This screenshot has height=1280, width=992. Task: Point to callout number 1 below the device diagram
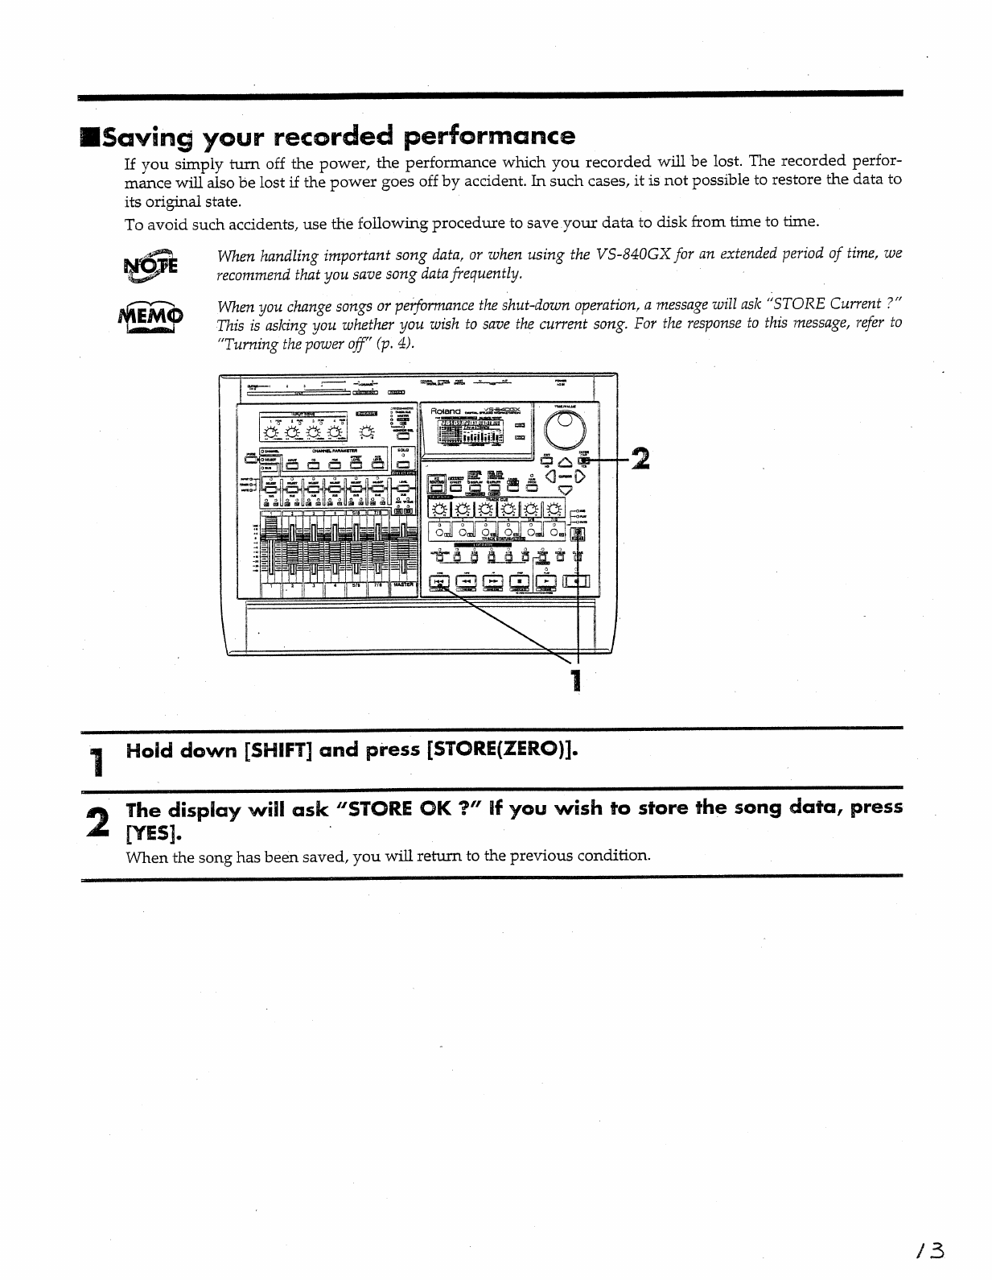coord(575,679)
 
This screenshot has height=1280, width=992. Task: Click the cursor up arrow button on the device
coord(564,460)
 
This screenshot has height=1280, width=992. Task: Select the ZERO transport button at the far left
coord(440,581)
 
